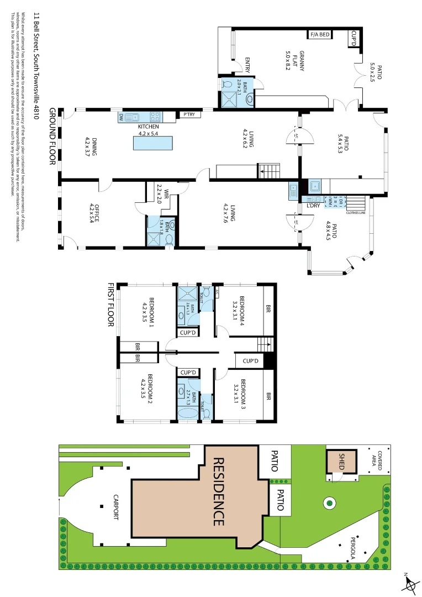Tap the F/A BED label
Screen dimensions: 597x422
tap(319, 35)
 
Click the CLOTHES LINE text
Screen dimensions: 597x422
tap(356, 212)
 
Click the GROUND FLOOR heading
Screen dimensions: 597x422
tap(54, 141)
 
